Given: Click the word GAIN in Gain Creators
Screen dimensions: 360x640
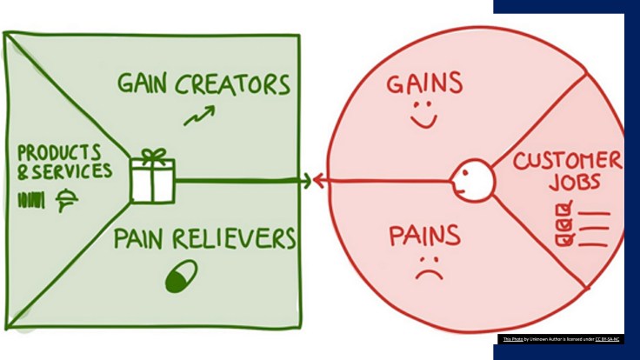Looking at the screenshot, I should pyautogui.click(x=146, y=84).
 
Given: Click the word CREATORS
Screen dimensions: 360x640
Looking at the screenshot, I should pyautogui.click(x=233, y=84).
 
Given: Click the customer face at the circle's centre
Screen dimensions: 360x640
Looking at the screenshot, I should pyautogui.click(x=471, y=180).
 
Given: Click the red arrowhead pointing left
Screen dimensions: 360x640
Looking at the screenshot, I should pyautogui.click(x=318, y=181).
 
